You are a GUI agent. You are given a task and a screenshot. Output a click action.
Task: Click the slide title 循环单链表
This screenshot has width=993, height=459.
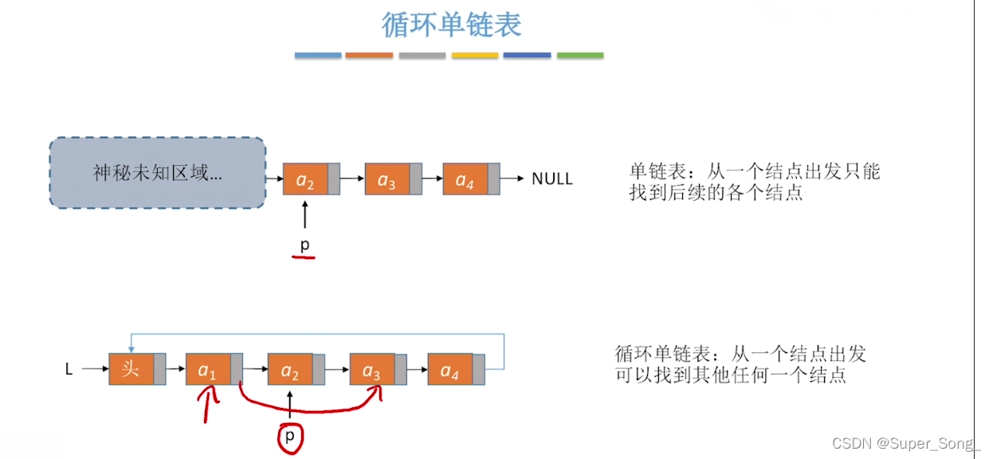(451, 25)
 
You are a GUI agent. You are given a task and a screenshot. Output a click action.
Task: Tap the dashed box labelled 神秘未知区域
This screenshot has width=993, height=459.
(157, 173)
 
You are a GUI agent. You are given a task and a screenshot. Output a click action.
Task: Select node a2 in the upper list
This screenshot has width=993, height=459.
(306, 179)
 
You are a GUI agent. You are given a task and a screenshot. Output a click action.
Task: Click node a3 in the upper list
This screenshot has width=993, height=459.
(387, 179)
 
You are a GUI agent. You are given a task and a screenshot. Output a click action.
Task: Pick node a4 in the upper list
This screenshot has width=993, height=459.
(465, 179)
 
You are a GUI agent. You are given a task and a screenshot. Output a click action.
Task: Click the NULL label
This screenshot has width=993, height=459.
(551, 179)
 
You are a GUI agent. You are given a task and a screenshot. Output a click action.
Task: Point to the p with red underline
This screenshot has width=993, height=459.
(304, 245)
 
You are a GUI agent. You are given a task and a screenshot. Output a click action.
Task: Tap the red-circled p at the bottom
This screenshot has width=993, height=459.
(290, 436)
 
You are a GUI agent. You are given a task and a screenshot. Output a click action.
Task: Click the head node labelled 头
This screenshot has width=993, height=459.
(131, 370)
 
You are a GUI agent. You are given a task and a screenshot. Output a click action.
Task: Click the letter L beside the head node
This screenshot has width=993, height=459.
(69, 370)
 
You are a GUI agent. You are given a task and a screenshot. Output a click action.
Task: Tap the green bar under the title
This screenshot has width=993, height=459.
(579, 56)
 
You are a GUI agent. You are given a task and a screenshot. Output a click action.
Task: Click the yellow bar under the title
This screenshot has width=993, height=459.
(475, 56)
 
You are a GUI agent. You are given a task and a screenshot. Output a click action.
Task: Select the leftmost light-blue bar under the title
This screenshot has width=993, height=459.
(318, 56)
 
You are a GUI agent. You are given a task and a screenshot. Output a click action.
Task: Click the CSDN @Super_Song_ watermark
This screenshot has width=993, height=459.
(906, 442)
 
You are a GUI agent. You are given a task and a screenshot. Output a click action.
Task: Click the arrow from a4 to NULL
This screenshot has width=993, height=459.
(512, 179)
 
